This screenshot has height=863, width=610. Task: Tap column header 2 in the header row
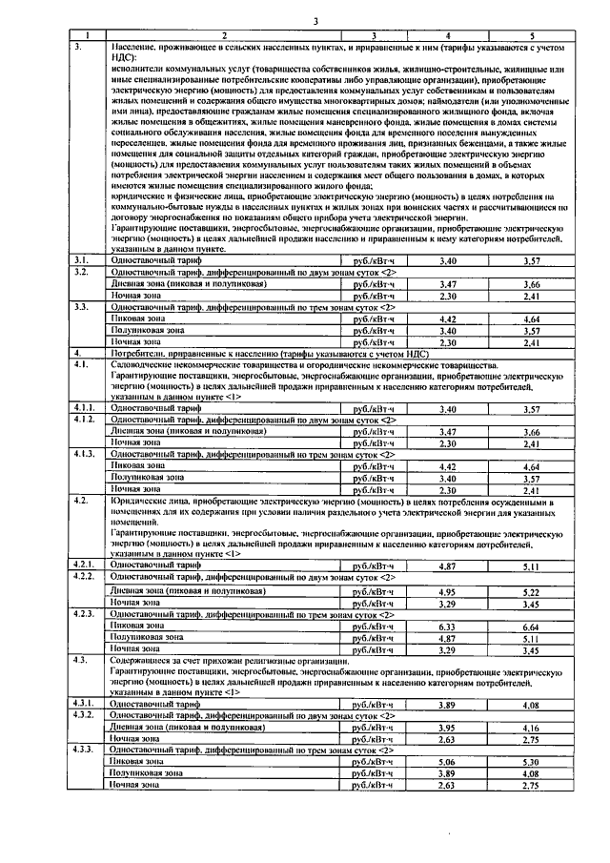pyautogui.click(x=224, y=35)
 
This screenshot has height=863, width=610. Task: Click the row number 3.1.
pyautogui.click(x=81, y=259)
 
